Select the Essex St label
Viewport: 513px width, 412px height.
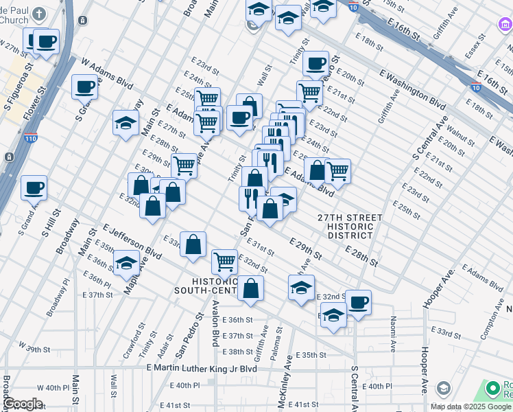475,49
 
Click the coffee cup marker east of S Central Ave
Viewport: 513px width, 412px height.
357,301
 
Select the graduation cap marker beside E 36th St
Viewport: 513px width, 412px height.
333,316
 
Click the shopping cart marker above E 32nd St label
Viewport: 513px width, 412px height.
224,260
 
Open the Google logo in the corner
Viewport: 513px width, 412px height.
23,404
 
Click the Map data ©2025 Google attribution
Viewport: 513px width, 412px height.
471,407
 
